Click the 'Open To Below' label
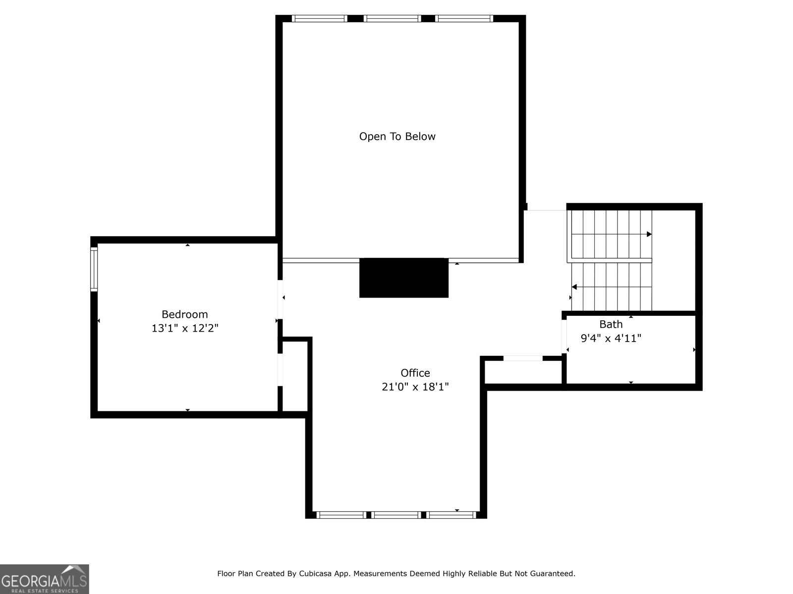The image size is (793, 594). pos(397,137)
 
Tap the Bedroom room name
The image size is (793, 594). pos(184,314)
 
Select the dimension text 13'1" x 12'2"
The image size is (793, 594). pos(184,328)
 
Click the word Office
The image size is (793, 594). pos(415,373)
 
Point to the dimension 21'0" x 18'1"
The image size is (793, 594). pos(415,387)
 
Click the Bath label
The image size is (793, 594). pos(611,325)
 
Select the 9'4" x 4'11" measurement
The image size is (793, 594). pos(611,339)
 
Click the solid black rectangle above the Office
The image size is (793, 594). pos(403,278)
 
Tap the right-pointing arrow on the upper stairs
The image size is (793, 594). pos(649,234)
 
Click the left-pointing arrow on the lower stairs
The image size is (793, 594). pos(574,287)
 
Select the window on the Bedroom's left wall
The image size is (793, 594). pos(94,269)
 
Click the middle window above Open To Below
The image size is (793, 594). pos(392,19)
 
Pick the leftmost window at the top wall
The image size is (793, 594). pos(319,19)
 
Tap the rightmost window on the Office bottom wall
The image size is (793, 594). pos(451,515)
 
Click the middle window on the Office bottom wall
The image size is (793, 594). pos(396,515)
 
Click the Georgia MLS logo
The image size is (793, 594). pos(44,579)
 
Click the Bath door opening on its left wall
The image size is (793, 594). pos(564,336)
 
